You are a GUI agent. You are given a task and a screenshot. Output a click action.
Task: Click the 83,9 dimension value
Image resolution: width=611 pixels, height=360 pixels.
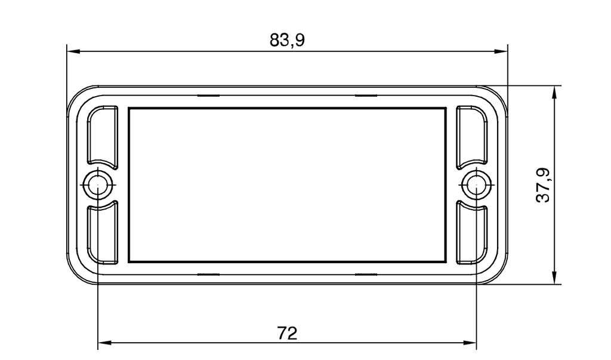click(287, 40)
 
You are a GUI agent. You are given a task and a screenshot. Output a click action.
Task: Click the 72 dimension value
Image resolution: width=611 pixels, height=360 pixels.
click(287, 333)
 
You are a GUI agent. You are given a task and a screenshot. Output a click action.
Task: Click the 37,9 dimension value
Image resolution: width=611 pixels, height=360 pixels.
click(543, 185)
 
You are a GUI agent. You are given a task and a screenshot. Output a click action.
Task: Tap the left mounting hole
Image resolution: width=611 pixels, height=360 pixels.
click(97, 184)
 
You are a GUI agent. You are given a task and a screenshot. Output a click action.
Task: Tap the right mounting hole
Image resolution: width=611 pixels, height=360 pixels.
click(476, 184)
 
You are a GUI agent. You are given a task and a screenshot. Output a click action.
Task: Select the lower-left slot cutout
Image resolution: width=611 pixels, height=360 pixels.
click(102, 232)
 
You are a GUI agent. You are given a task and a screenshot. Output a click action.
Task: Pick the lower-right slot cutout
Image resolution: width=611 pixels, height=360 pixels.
click(471, 232)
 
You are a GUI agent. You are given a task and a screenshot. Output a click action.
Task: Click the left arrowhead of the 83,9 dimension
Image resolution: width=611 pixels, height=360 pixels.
click(73, 51)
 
